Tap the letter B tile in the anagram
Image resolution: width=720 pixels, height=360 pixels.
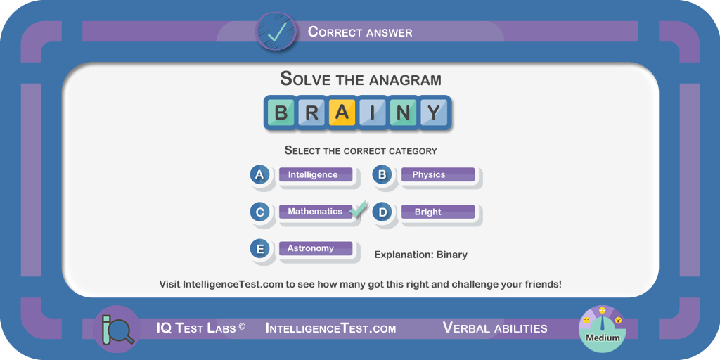point(281,112)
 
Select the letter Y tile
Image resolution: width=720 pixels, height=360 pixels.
point(433,112)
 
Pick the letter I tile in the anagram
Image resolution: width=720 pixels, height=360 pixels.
point(373,112)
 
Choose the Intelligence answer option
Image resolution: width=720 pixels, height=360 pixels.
point(316,175)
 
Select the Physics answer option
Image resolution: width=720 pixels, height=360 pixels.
point(438,175)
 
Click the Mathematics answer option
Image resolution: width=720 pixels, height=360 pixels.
point(316,212)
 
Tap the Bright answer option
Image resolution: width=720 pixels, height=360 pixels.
point(438,212)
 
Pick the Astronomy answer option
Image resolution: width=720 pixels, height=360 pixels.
point(316,248)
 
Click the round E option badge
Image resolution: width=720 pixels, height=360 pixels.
point(260,249)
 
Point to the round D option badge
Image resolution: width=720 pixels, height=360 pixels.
point(382,212)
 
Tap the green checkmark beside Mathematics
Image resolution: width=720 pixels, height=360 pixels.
point(358,208)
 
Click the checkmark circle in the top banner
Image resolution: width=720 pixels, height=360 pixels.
point(276,31)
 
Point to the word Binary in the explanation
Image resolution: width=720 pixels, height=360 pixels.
point(452,255)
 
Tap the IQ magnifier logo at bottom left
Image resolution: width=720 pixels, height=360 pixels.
point(116,329)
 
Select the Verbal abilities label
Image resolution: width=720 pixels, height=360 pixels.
point(495,328)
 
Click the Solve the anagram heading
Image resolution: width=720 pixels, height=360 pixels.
point(361,79)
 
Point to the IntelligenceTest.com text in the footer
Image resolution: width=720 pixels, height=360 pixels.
point(330,328)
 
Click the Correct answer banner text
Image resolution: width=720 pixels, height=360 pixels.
point(360,32)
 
